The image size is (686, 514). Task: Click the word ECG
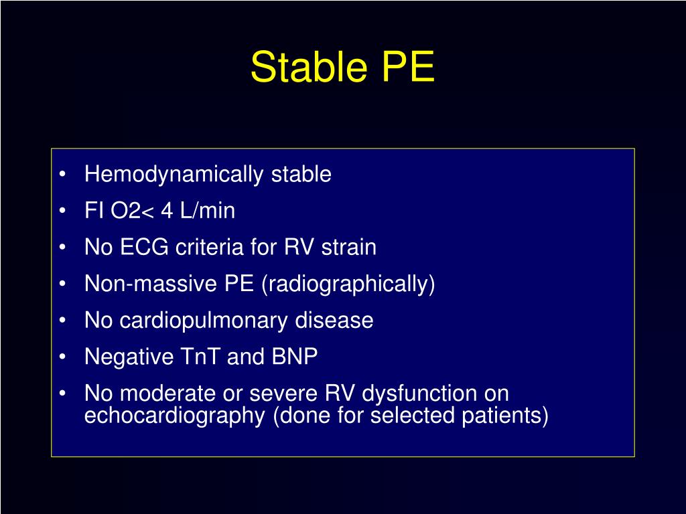click(145, 248)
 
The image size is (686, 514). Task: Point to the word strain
click(348, 248)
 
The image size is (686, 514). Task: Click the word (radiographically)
click(348, 284)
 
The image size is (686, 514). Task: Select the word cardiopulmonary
click(204, 321)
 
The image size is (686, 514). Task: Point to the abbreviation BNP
click(294, 357)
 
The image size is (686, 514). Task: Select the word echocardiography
click(175, 416)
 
